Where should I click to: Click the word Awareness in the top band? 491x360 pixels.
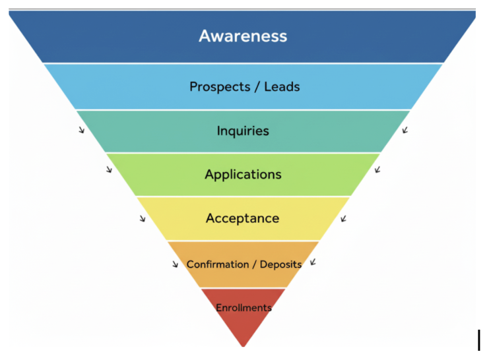243,36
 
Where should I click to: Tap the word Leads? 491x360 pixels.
282,86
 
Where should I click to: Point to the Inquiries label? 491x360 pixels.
243,131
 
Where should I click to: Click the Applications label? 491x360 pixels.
243,175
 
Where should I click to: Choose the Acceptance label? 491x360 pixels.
242,218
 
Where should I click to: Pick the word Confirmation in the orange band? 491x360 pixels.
218,264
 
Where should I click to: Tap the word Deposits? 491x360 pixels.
280,264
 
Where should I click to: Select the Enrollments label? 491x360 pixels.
244,308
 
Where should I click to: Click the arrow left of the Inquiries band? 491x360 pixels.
81,130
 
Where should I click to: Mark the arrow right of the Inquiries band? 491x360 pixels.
405,130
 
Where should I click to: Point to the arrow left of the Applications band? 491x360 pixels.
109,170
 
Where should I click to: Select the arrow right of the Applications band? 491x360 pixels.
377,170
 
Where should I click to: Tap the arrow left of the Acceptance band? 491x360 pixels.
142,218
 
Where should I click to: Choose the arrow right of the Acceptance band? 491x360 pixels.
343,218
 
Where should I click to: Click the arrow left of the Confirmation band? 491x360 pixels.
175,264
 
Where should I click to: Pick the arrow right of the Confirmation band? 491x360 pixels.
313,262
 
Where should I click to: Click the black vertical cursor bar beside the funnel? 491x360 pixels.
479,340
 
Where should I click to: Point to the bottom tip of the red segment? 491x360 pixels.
244,345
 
